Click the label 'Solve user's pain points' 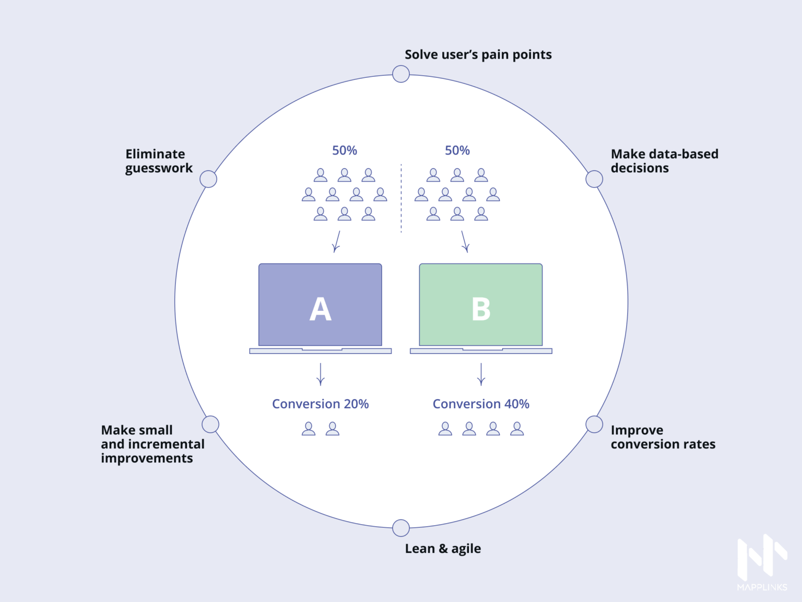coord(478,55)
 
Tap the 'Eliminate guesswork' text coord(159,161)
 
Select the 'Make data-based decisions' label coord(664,161)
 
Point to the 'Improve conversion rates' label coord(663,437)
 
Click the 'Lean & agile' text coord(443,549)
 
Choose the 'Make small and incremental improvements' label coord(152,444)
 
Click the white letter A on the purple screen coord(320,309)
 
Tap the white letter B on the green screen coord(481,309)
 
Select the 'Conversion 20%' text coord(320,404)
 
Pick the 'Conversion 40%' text coord(481,404)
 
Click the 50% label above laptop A coord(345,150)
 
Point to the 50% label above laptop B coord(457,150)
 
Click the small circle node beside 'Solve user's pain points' coord(401,74)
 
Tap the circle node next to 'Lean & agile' coord(401,528)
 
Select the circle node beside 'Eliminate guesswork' coord(208,179)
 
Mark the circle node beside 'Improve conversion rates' coord(594,424)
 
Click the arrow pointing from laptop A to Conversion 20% coord(321,375)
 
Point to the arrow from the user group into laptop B coord(464,242)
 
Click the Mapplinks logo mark coord(762,557)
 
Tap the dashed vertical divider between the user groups coord(401,199)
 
